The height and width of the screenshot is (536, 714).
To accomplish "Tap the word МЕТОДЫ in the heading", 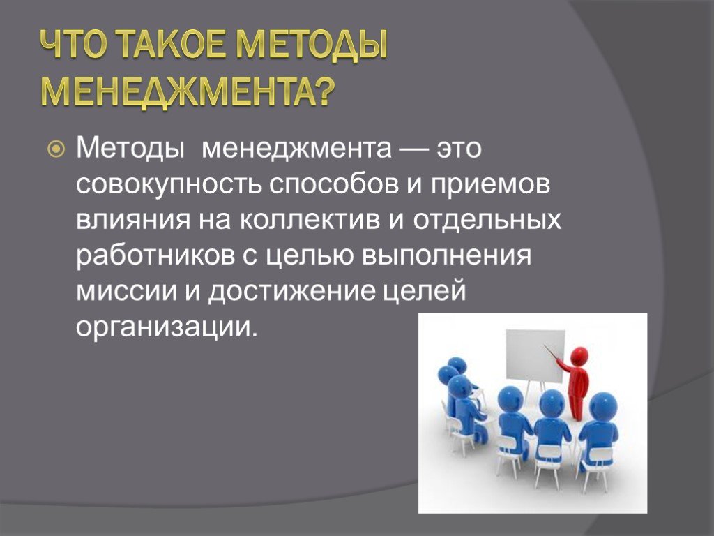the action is [313, 47].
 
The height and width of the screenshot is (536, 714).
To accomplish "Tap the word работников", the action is [155, 256].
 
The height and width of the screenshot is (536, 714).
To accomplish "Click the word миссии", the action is [126, 292].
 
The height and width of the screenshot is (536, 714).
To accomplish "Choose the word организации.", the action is [167, 327].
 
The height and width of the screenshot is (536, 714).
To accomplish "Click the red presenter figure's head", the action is [579, 355].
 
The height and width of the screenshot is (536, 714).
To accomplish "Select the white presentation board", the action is [535, 356].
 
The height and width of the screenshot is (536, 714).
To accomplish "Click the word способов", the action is [333, 184].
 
